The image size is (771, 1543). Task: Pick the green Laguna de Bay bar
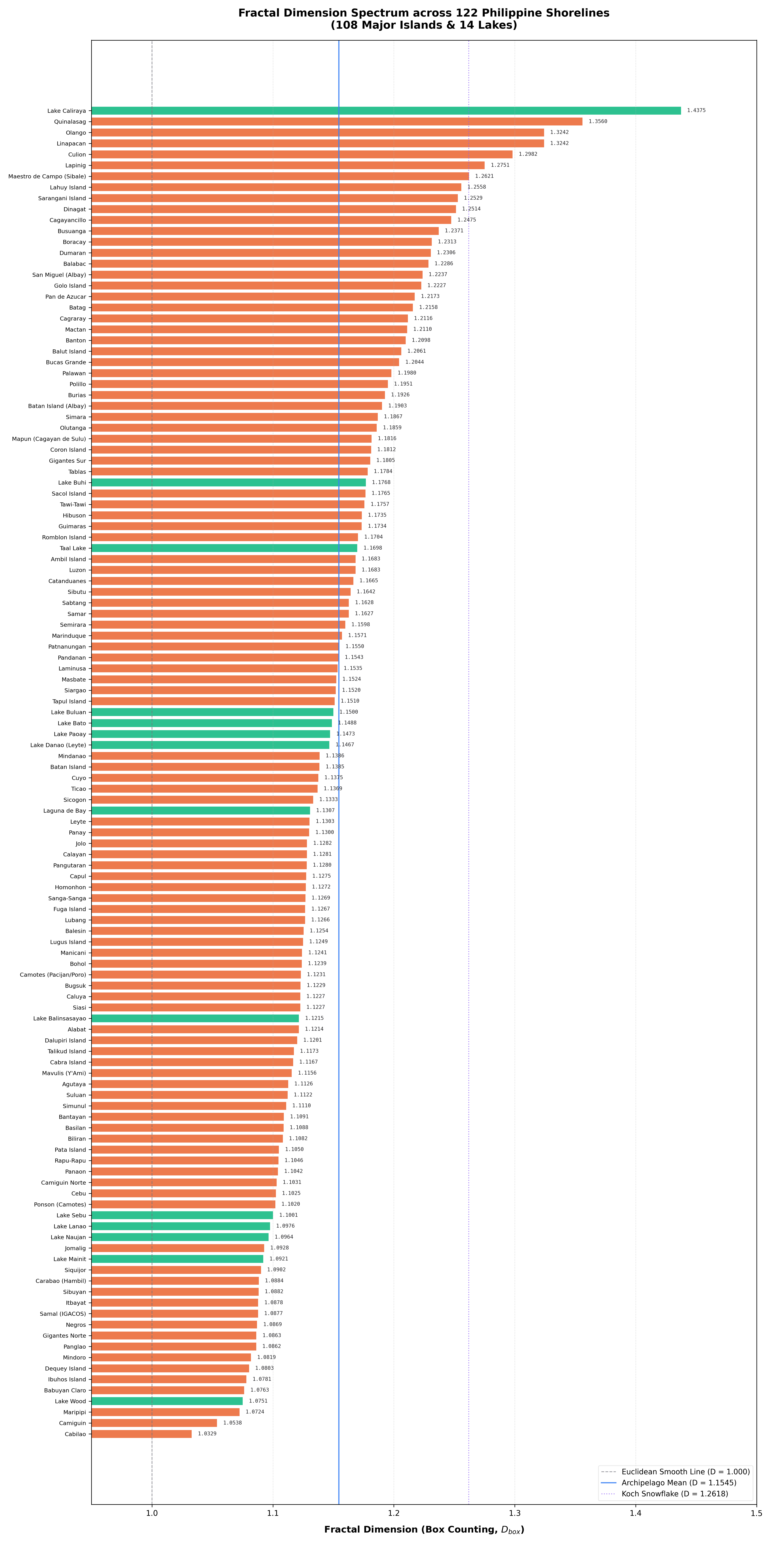pos(200,810)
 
